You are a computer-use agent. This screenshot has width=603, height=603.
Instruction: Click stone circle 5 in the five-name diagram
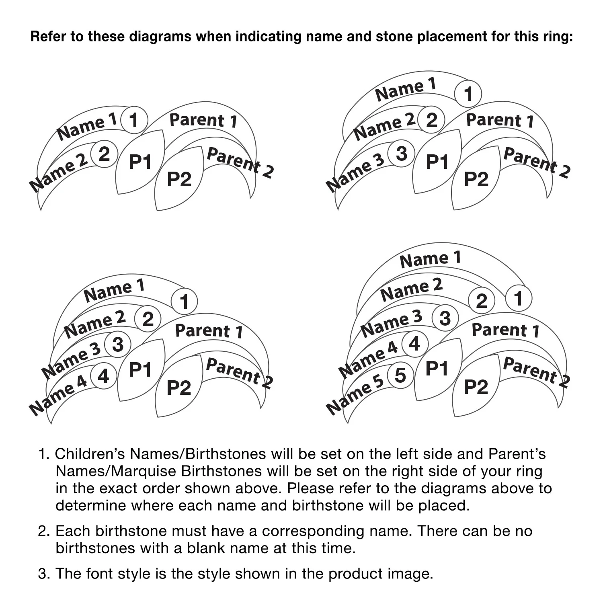coord(400,375)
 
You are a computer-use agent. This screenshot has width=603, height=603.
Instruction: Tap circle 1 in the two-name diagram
coord(134,120)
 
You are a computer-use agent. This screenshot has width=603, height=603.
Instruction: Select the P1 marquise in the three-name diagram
coord(437,162)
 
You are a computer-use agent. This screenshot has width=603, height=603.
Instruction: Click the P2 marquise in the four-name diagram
coord(179,387)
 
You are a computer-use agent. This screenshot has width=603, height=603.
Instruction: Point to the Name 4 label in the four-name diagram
coord(58,395)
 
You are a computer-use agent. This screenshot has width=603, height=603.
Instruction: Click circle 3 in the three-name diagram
coord(401,154)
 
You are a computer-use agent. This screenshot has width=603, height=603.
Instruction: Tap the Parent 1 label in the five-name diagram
coord(505,330)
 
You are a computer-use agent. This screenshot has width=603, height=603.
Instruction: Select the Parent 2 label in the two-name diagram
coord(240,162)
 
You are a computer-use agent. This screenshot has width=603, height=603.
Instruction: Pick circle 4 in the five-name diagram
coord(414,344)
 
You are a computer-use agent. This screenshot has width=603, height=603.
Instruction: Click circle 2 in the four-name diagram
coord(148,319)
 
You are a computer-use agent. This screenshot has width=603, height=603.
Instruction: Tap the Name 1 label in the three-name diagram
coord(406,89)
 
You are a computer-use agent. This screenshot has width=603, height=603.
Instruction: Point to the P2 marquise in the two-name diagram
coord(179,178)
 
